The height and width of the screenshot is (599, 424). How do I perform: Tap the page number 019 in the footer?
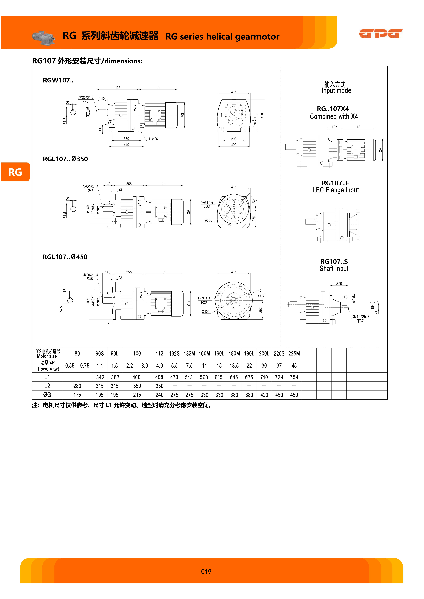click(x=206, y=572)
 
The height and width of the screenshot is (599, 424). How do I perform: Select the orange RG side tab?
click(x=15, y=172)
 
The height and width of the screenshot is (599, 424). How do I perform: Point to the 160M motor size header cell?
click(x=204, y=354)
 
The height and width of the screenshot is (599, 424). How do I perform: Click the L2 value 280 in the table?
click(x=77, y=386)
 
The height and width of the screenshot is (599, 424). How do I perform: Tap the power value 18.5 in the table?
click(x=234, y=366)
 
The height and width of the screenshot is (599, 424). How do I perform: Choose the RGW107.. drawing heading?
click(x=58, y=80)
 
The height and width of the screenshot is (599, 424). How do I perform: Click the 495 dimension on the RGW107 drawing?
click(x=118, y=88)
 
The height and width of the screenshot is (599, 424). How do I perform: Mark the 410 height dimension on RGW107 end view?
click(x=262, y=116)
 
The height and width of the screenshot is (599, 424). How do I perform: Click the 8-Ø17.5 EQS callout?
click(x=204, y=301)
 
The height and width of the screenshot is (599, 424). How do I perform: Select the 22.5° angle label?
click(x=261, y=295)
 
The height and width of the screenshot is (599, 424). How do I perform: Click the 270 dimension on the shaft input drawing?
click(x=339, y=284)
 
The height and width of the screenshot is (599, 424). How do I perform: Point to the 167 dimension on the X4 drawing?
click(x=334, y=127)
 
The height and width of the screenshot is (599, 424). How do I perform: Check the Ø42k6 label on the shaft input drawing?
click(x=353, y=298)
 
